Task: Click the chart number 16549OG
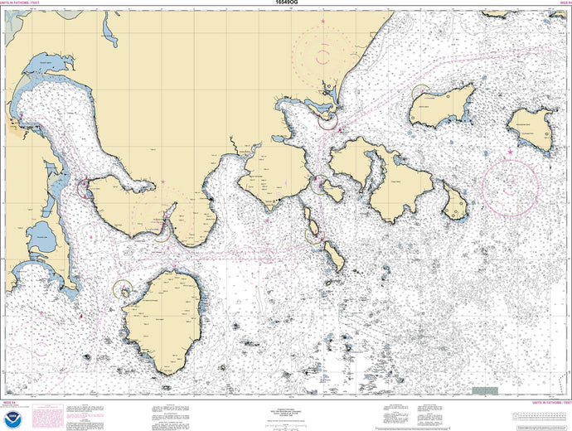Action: (x=286, y=4)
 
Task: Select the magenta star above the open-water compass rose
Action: (x=509, y=153)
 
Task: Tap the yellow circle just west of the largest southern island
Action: (x=123, y=289)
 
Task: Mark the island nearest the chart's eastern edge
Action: (x=532, y=128)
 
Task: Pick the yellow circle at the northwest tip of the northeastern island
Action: (x=420, y=93)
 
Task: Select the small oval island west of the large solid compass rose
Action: (x=455, y=203)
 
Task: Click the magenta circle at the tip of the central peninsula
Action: (x=328, y=121)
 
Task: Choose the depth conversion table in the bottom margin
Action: (x=540, y=414)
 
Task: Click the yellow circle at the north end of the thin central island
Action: (x=313, y=234)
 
